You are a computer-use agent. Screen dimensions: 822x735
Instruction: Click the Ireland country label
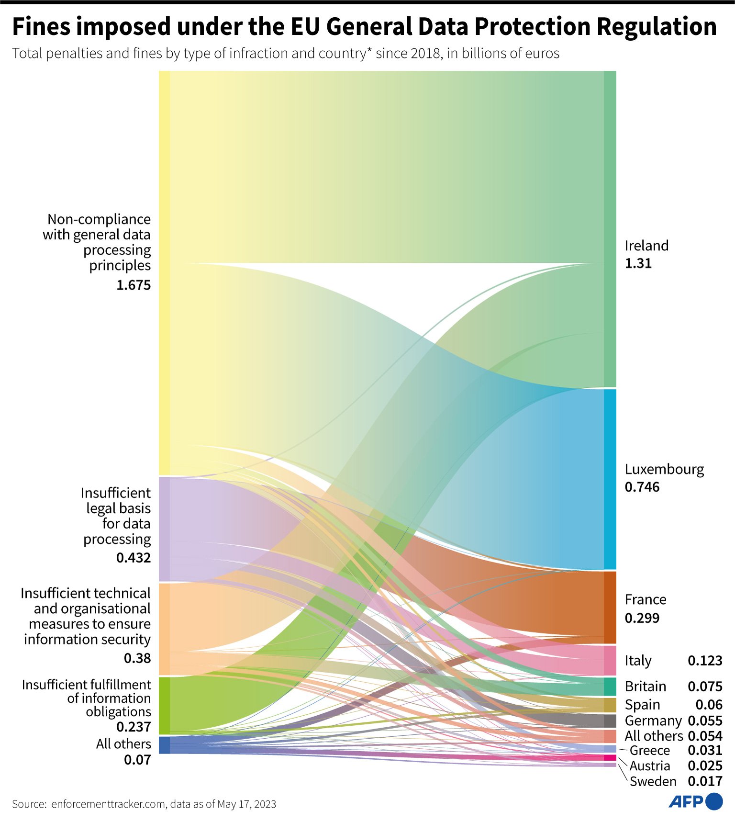[646, 246]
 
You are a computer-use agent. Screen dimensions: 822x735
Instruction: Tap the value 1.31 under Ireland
[638, 264]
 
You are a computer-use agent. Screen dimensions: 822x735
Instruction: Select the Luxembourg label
[664, 469]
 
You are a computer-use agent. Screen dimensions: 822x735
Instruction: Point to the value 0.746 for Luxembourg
[642, 487]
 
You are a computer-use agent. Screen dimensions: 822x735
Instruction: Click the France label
[645, 600]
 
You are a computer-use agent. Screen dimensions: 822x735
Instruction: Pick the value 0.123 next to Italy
[705, 661]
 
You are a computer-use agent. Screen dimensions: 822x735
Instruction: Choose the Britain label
[645, 687]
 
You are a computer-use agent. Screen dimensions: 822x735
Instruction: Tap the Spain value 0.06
[709, 705]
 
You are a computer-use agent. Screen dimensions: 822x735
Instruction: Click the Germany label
[653, 721]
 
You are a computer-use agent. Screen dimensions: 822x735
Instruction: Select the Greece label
[649, 750]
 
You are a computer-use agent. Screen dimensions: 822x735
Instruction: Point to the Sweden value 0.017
[705, 781]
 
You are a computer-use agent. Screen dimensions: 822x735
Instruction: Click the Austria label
[649, 766]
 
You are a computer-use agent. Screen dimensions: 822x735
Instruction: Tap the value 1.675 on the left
[134, 285]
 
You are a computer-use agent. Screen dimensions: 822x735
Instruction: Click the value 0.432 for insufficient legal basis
[134, 558]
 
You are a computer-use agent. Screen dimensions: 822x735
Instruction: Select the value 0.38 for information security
[137, 658]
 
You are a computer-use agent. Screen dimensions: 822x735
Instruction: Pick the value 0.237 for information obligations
[134, 727]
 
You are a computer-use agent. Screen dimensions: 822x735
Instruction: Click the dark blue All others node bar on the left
[164, 745]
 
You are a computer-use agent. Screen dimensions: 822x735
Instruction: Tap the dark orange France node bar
[610, 608]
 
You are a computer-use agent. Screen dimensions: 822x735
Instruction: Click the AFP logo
[695, 801]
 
